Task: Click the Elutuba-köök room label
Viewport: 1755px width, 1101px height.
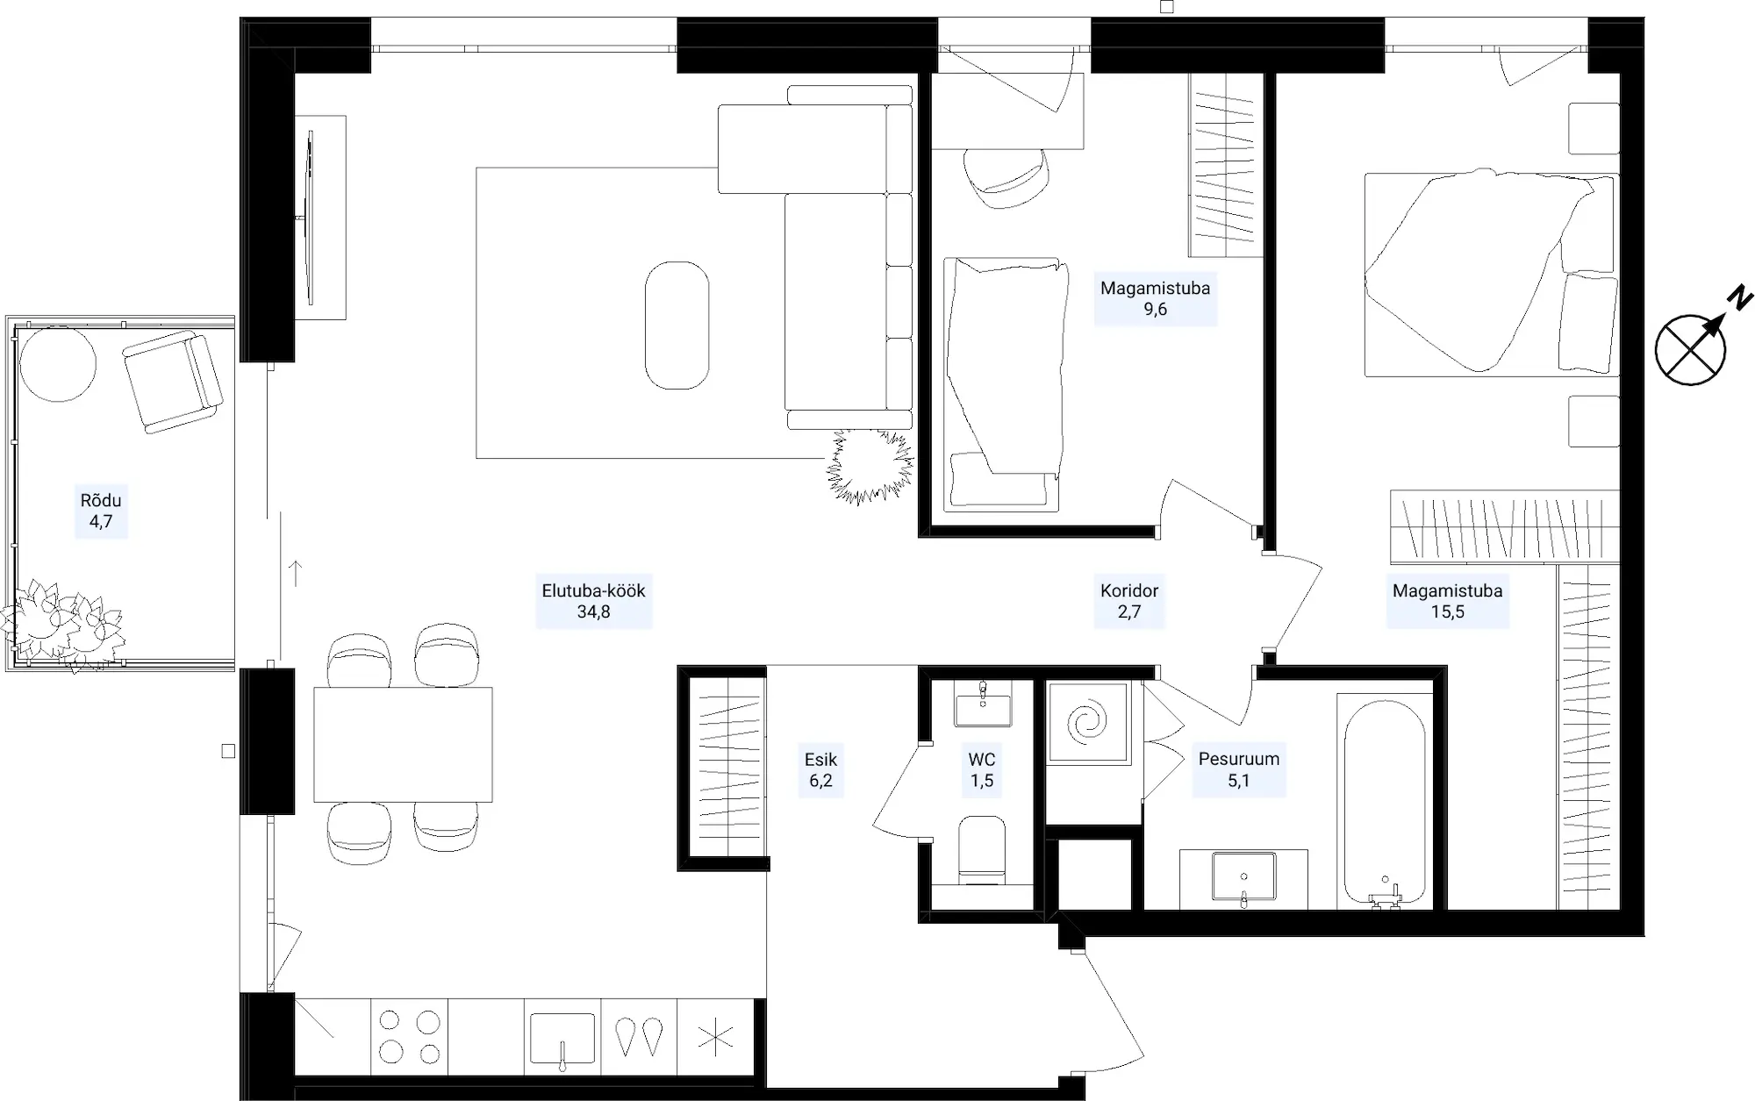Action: tap(593, 601)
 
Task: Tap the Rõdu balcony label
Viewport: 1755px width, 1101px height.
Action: tap(101, 511)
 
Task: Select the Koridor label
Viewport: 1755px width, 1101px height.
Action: tap(1129, 601)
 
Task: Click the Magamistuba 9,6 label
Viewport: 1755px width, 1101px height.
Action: tap(1155, 298)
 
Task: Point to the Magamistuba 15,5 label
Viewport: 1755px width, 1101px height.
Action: tap(1447, 601)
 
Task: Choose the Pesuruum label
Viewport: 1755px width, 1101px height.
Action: tap(1239, 769)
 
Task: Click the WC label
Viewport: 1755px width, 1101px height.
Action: tap(982, 769)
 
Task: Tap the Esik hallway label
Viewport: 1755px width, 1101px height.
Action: tap(820, 769)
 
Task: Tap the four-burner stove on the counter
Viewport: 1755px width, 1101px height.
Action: tap(409, 1037)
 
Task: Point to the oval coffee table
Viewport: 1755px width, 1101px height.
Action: tap(677, 325)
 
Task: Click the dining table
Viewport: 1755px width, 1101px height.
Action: tap(403, 744)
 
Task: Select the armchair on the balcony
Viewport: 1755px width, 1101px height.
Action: tap(173, 382)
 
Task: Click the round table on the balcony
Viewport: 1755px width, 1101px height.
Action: tap(58, 364)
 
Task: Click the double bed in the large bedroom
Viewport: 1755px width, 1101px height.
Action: tap(1491, 273)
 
